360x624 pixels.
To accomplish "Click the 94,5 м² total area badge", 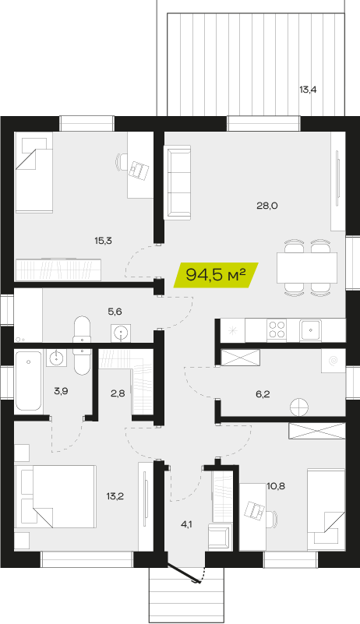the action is pyautogui.click(x=216, y=274).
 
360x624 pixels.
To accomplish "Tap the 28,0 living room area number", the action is pyautogui.click(x=266, y=206).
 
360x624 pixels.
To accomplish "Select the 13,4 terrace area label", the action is pyautogui.click(x=308, y=90).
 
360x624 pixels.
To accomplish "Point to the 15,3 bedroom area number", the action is pyautogui.click(x=103, y=241).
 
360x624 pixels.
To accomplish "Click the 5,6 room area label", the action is pyautogui.click(x=115, y=312).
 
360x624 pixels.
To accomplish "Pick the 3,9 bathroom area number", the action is pyautogui.click(x=61, y=391).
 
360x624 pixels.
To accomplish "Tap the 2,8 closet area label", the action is pyautogui.click(x=118, y=393).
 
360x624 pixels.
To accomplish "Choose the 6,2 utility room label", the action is pyautogui.click(x=263, y=394).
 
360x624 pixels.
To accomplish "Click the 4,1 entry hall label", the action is pyautogui.click(x=186, y=524).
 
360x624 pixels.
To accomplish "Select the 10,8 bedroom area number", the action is pyautogui.click(x=277, y=486).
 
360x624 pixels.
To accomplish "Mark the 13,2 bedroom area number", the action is pyautogui.click(x=115, y=496).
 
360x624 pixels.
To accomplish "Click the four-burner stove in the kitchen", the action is pyautogui.click(x=277, y=330).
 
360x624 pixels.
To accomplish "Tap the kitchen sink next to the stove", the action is pyautogui.click(x=311, y=330).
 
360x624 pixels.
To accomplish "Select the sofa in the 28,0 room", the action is pyautogui.click(x=178, y=182).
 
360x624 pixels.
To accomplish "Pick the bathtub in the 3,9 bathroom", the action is pyautogui.click(x=28, y=380).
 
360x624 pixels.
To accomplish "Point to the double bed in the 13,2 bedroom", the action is pyautogui.click(x=55, y=497).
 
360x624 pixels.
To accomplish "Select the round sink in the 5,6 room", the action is pyautogui.click(x=121, y=333).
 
